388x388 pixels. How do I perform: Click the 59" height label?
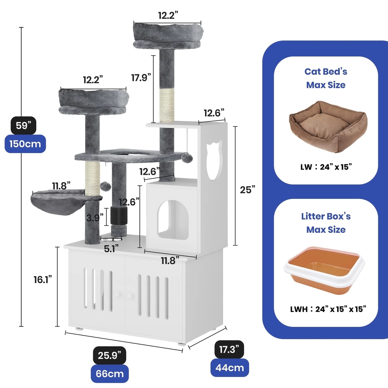pos(23,125)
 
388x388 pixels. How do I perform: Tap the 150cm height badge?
pos(25,144)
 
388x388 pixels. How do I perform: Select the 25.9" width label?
pos(109,355)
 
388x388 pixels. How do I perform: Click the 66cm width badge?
pos(109,374)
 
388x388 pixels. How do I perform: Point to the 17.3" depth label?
pos(229,350)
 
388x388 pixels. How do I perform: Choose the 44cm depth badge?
pos(230,368)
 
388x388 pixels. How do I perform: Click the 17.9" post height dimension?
pos(141,78)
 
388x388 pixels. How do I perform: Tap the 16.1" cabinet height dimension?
pos(43,279)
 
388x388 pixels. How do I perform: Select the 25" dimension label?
pos(247,190)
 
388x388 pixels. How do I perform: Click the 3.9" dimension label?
pos(95,218)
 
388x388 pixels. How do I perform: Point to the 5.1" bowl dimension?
pos(111,249)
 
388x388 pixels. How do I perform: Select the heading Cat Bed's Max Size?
pos(326,78)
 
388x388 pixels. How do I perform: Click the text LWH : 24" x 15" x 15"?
pos(328,309)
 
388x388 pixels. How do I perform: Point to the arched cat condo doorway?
pos(173,220)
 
